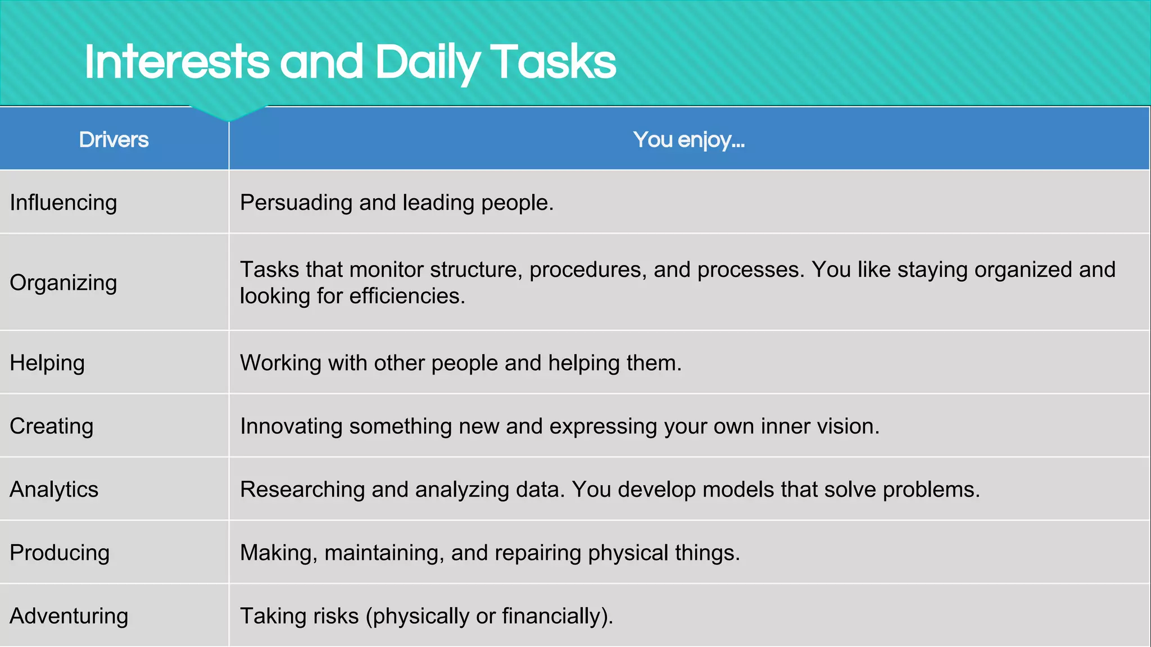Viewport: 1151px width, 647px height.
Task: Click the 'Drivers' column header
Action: (x=114, y=140)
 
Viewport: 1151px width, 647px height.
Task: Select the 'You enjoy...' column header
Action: (x=688, y=140)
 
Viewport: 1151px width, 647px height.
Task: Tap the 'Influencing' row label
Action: (x=64, y=203)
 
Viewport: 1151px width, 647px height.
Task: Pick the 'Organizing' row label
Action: (x=64, y=283)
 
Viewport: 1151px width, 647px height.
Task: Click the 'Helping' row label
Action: (x=47, y=363)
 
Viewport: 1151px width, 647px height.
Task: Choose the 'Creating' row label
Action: (x=52, y=426)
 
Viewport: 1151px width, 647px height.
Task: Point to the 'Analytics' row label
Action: (x=54, y=490)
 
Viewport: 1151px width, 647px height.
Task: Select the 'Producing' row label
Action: (x=60, y=553)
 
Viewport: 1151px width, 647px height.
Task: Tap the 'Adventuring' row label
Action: (x=69, y=616)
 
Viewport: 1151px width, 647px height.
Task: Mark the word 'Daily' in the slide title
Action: (x=427, y=63)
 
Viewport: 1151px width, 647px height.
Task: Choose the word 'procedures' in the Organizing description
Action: (x=582, y=270)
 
